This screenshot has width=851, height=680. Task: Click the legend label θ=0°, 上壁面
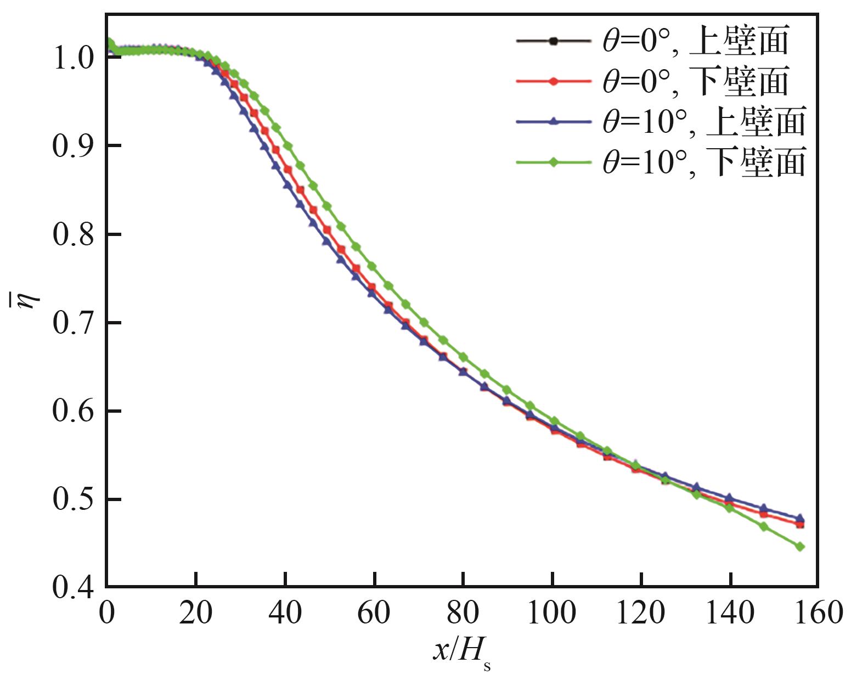[x=695, y=41]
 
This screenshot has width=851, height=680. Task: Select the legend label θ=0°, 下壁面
[x=695, y=81]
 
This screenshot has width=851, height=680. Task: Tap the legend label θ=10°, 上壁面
[x=704, y=121]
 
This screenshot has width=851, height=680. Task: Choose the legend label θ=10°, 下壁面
[x=704, y=162]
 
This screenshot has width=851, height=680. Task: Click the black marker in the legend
[x=554, y=41]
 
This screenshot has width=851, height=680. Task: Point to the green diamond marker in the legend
[x=554, y=162]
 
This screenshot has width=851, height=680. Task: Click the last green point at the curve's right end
[x=800, y=547]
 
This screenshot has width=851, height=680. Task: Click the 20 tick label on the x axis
[x=196, y=612]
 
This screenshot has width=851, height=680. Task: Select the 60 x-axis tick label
[x=374, y=612]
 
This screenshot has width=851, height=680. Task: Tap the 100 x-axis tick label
[x=551, y=612]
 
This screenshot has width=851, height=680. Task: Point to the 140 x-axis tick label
[x=730, y=612]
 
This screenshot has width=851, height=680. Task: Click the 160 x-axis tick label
[x=818, y=612]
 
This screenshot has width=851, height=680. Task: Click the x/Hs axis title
[x=461, y=653]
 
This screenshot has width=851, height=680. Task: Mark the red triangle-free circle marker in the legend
[x=554, y=81]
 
